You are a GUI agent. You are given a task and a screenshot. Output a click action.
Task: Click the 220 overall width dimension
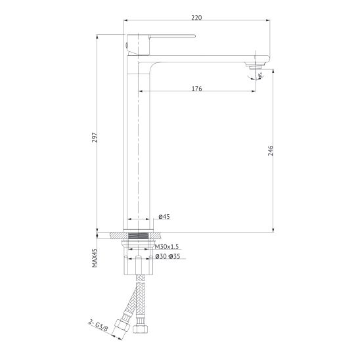[x=197, y=18]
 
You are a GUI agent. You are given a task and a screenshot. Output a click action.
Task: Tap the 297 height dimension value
[x=95, y=137]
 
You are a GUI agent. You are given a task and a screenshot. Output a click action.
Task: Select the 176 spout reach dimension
[x=197, y=89]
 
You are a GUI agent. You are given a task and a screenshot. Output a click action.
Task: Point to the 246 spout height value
[x=271, y=150]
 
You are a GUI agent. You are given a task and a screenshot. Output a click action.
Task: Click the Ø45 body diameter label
[x=164, y=217]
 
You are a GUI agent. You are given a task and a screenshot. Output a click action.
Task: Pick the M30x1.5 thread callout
[x=167, y=247]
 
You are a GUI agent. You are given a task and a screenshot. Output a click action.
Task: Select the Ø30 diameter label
[x=161, y=256]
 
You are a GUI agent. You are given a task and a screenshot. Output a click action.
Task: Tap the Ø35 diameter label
[x=175, y=256]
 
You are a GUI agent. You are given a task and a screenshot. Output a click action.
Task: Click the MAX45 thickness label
[x=95, y=258]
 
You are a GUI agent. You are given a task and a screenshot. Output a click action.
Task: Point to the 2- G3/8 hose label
[x=98, y=325]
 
